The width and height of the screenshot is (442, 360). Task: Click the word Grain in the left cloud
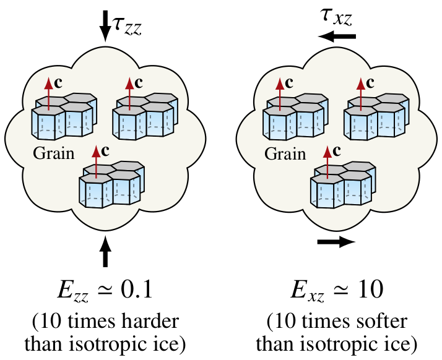[x=54, y=153]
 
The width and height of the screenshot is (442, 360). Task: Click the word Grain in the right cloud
[x=285, y=153]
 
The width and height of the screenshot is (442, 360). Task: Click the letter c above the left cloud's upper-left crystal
[x=58, y=82]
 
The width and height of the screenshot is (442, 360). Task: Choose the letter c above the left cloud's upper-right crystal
[x=139, y=82]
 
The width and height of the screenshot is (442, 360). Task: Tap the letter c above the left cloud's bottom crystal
[x=105, y=150]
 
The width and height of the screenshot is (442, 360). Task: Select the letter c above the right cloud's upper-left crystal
[x=290, y=82]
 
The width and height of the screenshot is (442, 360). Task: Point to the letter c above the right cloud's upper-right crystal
[x=370, y=82]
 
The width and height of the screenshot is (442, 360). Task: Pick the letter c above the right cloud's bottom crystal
[x=337, y=150]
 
